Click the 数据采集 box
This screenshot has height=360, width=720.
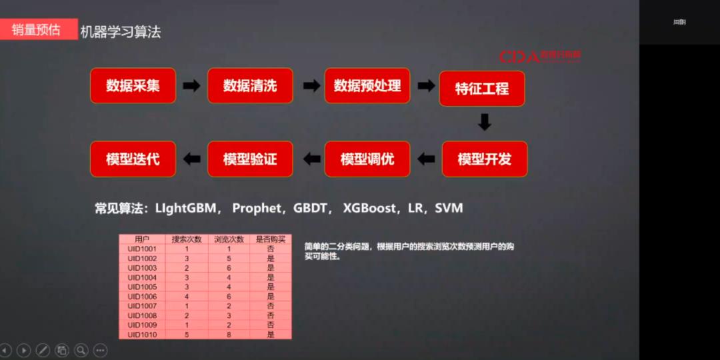point(133,85)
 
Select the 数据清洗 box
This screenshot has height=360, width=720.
point(250,85)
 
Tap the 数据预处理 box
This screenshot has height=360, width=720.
point(367,85)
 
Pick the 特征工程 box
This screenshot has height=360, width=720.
point(482,89)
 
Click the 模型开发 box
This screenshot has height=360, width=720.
point(485,159)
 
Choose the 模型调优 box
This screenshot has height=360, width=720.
point(367,159)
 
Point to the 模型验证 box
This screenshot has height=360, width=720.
point(250,159)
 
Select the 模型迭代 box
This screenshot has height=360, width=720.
point(133,159)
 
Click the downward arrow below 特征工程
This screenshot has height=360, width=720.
point(485,122)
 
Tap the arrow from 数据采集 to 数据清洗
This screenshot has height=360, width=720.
point(191,85)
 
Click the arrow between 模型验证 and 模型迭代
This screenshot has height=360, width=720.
point(191,159)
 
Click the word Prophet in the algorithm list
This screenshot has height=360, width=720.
point(257,208)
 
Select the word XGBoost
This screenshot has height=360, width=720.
point(370,208)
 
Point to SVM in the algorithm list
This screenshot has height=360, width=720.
point(449,208)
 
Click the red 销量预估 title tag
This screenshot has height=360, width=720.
point(37,29)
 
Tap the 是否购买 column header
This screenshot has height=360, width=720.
point(271,239)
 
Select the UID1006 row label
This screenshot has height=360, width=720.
point(142,296)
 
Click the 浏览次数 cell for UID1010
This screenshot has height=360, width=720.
point(229,335)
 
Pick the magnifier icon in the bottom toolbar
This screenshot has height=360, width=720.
point(81,349)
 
